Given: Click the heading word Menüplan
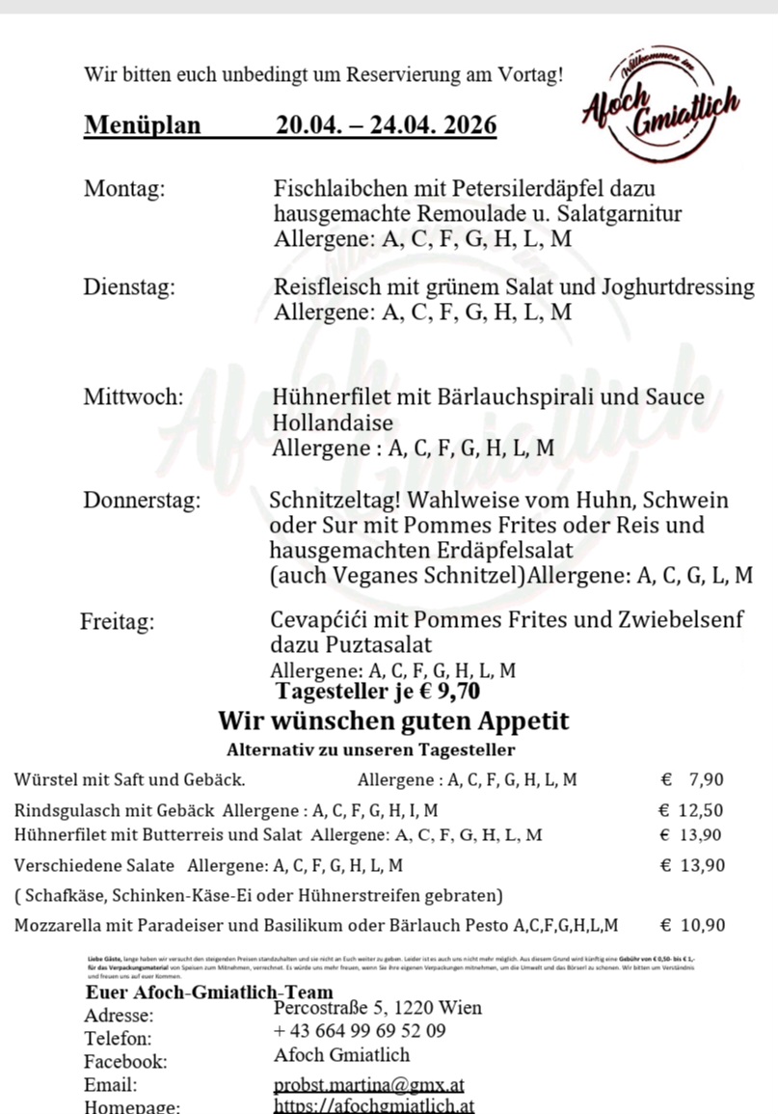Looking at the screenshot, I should [143, 125].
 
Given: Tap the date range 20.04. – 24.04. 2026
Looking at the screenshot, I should [386, 125].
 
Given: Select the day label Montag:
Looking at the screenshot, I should [124, 188].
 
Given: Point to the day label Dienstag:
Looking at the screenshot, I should [129, 286].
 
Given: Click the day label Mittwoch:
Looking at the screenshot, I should [133, 397].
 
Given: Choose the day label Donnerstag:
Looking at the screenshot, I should [142, 501].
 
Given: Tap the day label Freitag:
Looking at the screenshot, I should [117, 621].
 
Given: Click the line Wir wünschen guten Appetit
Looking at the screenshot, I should [393, 720].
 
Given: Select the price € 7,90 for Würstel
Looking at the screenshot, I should [692, 780].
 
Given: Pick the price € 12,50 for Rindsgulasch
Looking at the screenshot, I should [690, 810].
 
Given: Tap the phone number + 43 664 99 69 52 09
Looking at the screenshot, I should [360, 1031].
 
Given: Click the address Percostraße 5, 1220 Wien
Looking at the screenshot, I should [378, 1008].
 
